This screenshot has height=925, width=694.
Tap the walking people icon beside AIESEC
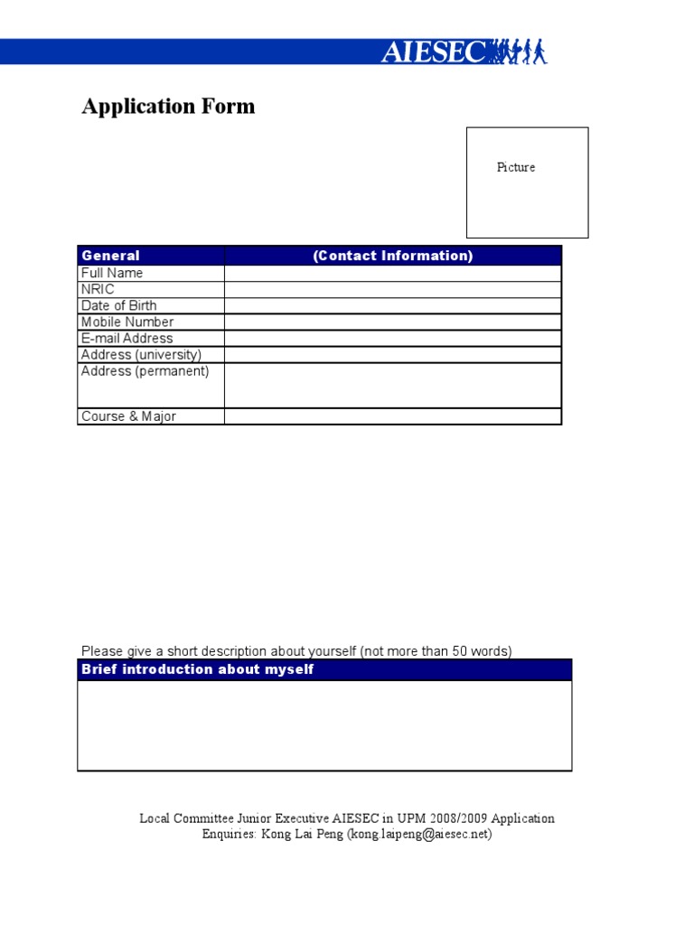(x=520, y=51)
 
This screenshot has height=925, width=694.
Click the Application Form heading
(x=168, y=107)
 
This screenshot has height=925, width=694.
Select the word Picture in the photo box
(x=516, y=167)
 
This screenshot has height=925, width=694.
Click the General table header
(x=110, y=256)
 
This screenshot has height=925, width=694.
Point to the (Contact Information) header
(x=393, y=256)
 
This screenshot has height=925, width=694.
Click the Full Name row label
(x=112, y=273)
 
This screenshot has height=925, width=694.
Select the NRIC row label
(x=98, y=289)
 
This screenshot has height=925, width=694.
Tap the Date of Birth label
(x=118, y=305)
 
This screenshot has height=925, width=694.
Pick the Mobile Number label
(x=127, y=322)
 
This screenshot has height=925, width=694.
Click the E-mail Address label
(x=127, y=338)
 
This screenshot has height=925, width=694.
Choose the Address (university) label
(x=141, y=354)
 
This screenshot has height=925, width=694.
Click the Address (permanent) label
(x=145, y=370)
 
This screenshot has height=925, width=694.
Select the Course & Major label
(x=128, y=416)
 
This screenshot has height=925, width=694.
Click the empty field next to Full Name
(x=393, y=273)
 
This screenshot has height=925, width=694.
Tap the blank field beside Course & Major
(x=393, y=416)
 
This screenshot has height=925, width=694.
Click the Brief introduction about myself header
(x=198, y=669)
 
